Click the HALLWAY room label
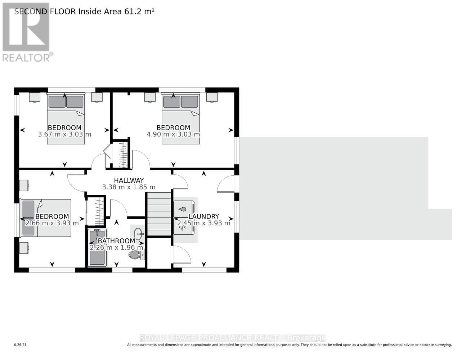coord(129,180)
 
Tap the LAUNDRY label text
coord(203,216)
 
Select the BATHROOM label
coord(116,241)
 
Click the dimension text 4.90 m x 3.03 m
coord(173,134)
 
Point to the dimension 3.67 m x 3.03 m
coord(64,134)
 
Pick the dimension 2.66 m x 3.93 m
coord(52,223)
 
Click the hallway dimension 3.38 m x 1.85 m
coord(129,187)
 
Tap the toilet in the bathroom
coord(136,255)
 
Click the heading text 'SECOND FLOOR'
coord(45,12)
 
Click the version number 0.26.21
coord(20,345)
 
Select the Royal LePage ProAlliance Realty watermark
coord(232,338)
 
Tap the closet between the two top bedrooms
coord(121,154)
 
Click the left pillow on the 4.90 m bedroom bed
coord(172,102)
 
